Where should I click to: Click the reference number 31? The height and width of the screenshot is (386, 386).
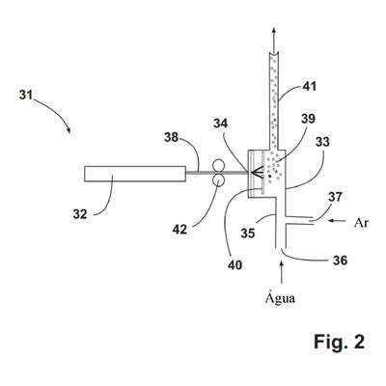pyautogui.click(x=26, y=95)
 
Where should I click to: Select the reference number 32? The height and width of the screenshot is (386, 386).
pyautogui.click(x=80, y=214)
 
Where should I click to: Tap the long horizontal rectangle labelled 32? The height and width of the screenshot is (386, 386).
pyautogui.click(x=135, y=174)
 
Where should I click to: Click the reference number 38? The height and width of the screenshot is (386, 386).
pyautogui.click(x=171, y=137)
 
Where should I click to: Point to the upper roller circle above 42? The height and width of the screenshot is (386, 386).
pyautogui.click(x=217, y=167)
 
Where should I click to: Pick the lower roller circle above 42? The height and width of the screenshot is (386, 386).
pyautogui.click(x=217, y=180)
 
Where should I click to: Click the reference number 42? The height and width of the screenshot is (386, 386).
pyautogui.click(x=179, y=229)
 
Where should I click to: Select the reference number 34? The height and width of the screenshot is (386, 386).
pyautogui.click(x=220, y=124)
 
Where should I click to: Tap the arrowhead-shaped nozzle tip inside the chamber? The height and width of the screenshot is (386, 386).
pyautogui.click(x=258, y=174)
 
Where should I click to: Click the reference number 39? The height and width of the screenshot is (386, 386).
pyautogui.click(x=308, y=119)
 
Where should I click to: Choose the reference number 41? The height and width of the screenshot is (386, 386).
pyautogui.click(x=309, y=86)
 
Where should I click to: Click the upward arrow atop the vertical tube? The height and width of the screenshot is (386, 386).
pyautogui.click(x=274, y=40)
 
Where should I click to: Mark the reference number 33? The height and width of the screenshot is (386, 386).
pyautogui.click(x=322, y=142)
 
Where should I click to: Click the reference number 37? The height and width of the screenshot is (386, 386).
pyautogui.click(x=335, y=197)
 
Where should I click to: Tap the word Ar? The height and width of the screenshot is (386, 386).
pyautogui.click(x=361, y=223)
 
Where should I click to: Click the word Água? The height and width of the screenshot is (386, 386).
pyautogui.click(x=280, y=297)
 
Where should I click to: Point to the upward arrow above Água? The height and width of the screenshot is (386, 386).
pyautogui.click(x=282, y=272)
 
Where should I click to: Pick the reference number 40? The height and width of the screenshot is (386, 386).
pyautogui.click(x=234, y=265)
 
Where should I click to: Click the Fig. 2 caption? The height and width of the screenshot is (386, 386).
pyautogui.click(x=340, y=342)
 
